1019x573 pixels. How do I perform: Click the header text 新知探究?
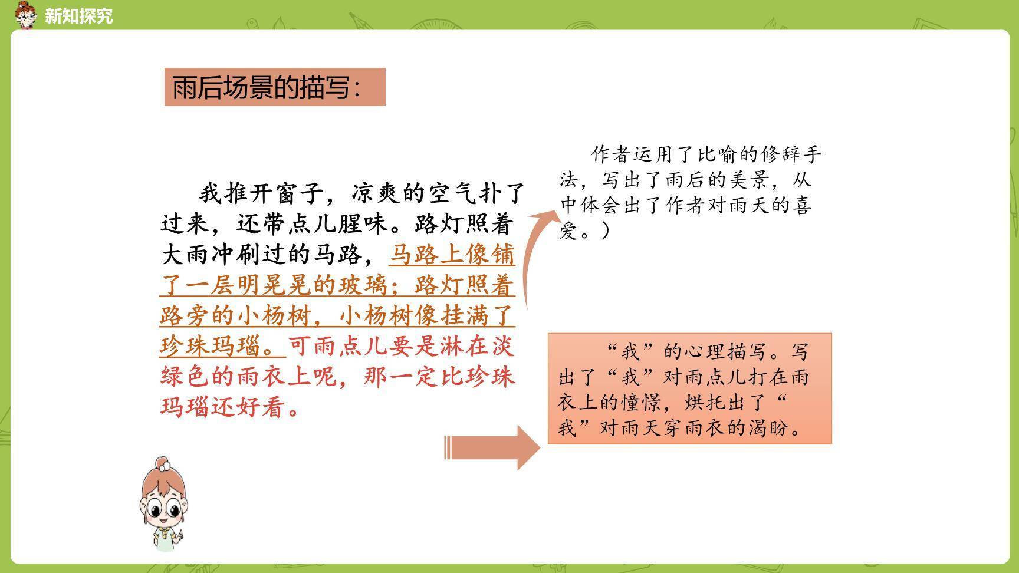pos(78,16)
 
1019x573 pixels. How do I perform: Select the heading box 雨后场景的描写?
pos(274,87)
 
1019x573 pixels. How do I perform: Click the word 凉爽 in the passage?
pos(377,193)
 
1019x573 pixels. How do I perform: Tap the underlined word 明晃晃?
pos(275,285)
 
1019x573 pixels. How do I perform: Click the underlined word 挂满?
pos(465,316)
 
